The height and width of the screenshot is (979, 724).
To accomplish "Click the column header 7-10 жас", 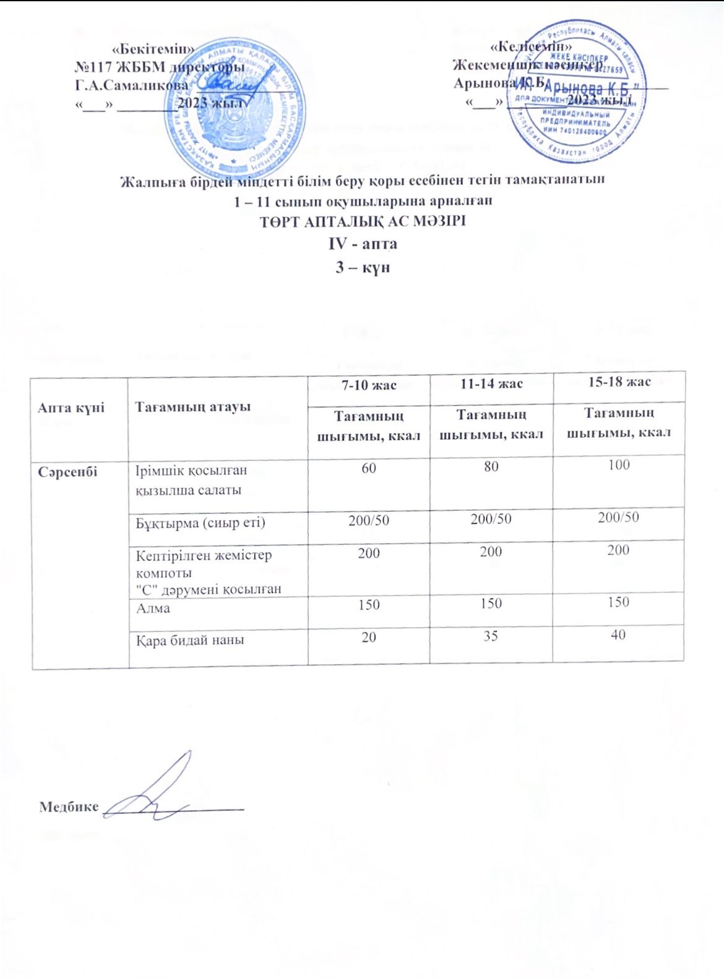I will pyautogui.click(x=369, y=385).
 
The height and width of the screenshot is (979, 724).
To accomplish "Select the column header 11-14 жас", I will pyautogui.click(x=491, y=384).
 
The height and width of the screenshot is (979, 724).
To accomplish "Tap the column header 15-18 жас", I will pyautogui.click(x=619, y=382).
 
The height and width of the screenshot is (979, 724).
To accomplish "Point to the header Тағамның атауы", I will pyautogui.click(x=193, y=406).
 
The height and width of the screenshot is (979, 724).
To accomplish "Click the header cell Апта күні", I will pyautogui.click(x=71, y=408).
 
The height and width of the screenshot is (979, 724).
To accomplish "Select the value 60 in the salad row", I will pyautogui.click(x=369, y=468).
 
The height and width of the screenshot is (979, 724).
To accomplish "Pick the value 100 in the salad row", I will pyautogui.click(x=619, y=465).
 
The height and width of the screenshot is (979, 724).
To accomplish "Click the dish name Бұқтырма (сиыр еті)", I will pyautogui.click(x=200, y=523).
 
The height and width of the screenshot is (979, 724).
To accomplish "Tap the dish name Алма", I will pyautogui.click(x=153, y=609).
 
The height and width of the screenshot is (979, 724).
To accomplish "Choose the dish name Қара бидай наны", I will pyautogui.click(x=190, y=641).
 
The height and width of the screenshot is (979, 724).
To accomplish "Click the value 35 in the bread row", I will pyautogui.click(x=491, y=636).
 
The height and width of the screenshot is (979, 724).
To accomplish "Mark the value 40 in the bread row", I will pyautogui.click(x=618, y=635).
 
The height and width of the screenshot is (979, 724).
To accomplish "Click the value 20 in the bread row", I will pyautogui.click(x=369, y=637).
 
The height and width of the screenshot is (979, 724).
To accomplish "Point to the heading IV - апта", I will pyautogui.click(x=362, y=244).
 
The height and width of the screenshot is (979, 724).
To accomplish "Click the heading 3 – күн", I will pyautogui.click(x=362, y=268).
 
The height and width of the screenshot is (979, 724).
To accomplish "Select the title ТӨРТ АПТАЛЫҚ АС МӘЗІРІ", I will pyautogui.click(x=362, y=221).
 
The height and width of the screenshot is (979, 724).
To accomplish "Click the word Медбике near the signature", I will pyautogui.click(x=69, y=806).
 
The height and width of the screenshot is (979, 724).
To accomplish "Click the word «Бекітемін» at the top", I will pyautogui.click(x=153, y=49).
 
